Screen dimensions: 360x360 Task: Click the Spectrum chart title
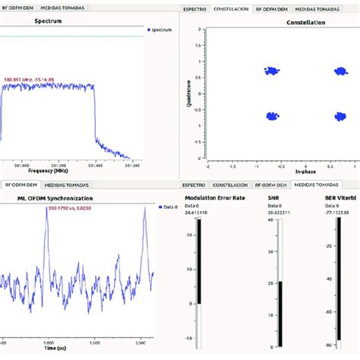tap(49, 21)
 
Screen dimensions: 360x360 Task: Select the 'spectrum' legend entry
tap(161, 30)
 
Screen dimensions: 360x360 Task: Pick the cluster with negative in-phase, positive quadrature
tap(272, 71)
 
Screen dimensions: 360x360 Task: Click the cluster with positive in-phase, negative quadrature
tap(339, 116)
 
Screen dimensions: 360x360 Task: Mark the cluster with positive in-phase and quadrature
tap(339, 71)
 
